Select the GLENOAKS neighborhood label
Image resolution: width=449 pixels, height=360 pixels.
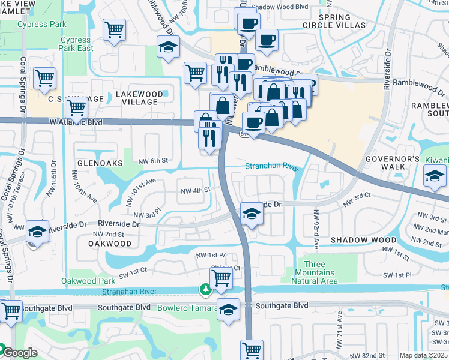(x=100, y=163)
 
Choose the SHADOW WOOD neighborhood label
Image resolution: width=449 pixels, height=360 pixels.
(x=363, y=240)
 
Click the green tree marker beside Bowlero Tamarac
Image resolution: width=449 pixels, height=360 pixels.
(x=206, y=290)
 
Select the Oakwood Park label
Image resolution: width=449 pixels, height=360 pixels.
(x=88, y=281)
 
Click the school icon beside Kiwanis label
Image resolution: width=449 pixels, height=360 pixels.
(x=435, y=176)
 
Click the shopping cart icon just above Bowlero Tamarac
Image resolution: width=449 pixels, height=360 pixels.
(x=221, y=278)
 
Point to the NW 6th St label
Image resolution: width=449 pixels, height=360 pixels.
(x=152, y=161)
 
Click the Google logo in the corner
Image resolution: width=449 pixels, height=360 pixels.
(x=20, y=353)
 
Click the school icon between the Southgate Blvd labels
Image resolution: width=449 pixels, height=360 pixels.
(x=228, y=310)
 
